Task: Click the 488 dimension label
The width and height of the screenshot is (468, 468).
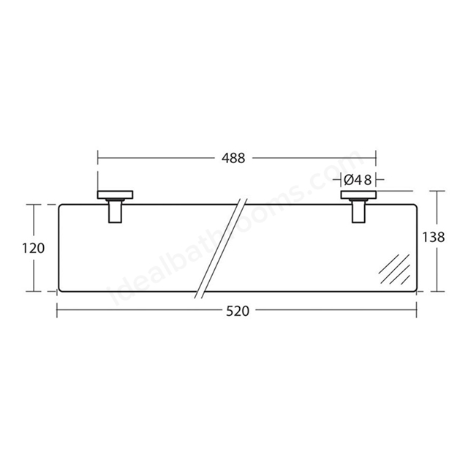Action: coord(233,158)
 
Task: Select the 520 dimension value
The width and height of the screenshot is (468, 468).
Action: coord(238,312)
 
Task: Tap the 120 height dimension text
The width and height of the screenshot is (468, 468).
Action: coord(34,248)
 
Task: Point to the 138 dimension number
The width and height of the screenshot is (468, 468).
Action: coord(434,237)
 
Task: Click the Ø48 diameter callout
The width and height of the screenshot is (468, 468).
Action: coord(358,180)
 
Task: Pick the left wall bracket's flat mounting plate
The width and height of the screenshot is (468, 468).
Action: coord(116,195)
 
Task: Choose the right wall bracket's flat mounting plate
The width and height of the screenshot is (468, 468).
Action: coord(359,195)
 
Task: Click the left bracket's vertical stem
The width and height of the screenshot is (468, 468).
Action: coord(116,211)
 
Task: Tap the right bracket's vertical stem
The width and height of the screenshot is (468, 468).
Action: coord(359,211)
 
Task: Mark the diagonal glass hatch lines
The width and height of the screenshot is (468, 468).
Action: coord(395,269)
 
